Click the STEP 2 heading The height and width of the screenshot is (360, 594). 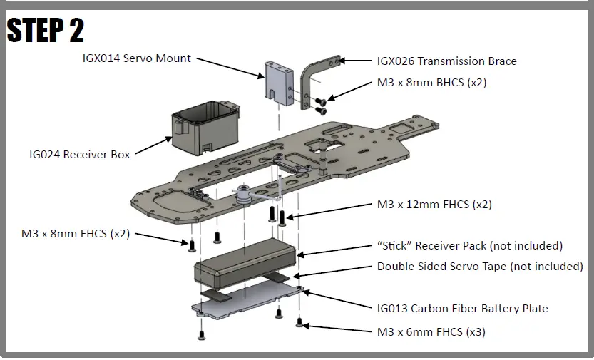(46, 29)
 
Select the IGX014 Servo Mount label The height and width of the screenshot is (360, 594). (136, 58)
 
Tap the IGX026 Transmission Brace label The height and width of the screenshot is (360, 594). (446, 61)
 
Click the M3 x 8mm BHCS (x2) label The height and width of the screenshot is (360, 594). (431, 83)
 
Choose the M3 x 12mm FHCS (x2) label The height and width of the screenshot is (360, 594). (434, 205)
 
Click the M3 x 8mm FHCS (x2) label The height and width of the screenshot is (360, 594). (76, 233)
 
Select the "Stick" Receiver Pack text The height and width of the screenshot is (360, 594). (470, 246)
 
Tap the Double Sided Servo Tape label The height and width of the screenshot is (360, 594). (479, 267)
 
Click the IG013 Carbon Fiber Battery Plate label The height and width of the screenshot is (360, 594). (462, 309)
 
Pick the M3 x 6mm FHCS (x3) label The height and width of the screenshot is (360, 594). (431, 332)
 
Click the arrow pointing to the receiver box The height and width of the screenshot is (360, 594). (154, 145)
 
